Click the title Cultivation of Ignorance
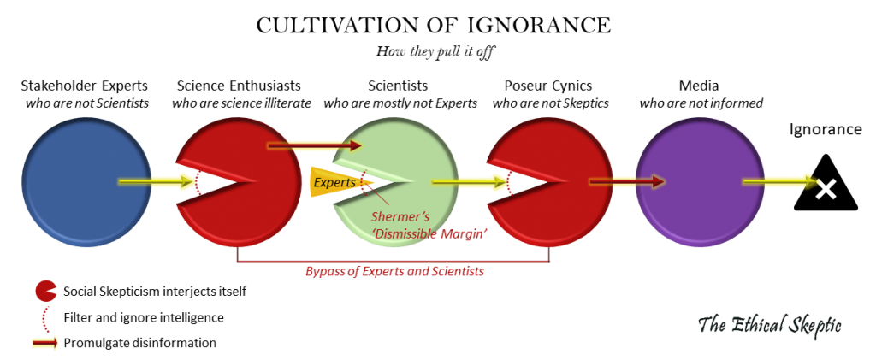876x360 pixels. (434, 26)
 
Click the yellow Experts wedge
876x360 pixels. (335, 182)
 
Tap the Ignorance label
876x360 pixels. (825, 130)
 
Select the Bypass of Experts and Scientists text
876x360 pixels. (395, 271)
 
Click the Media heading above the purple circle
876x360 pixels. (700, 86)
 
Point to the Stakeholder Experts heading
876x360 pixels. (86, 86)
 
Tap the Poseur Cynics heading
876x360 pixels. (548, 86)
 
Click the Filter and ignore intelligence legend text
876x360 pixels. (144, 318)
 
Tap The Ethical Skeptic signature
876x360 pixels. (771, 325)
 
